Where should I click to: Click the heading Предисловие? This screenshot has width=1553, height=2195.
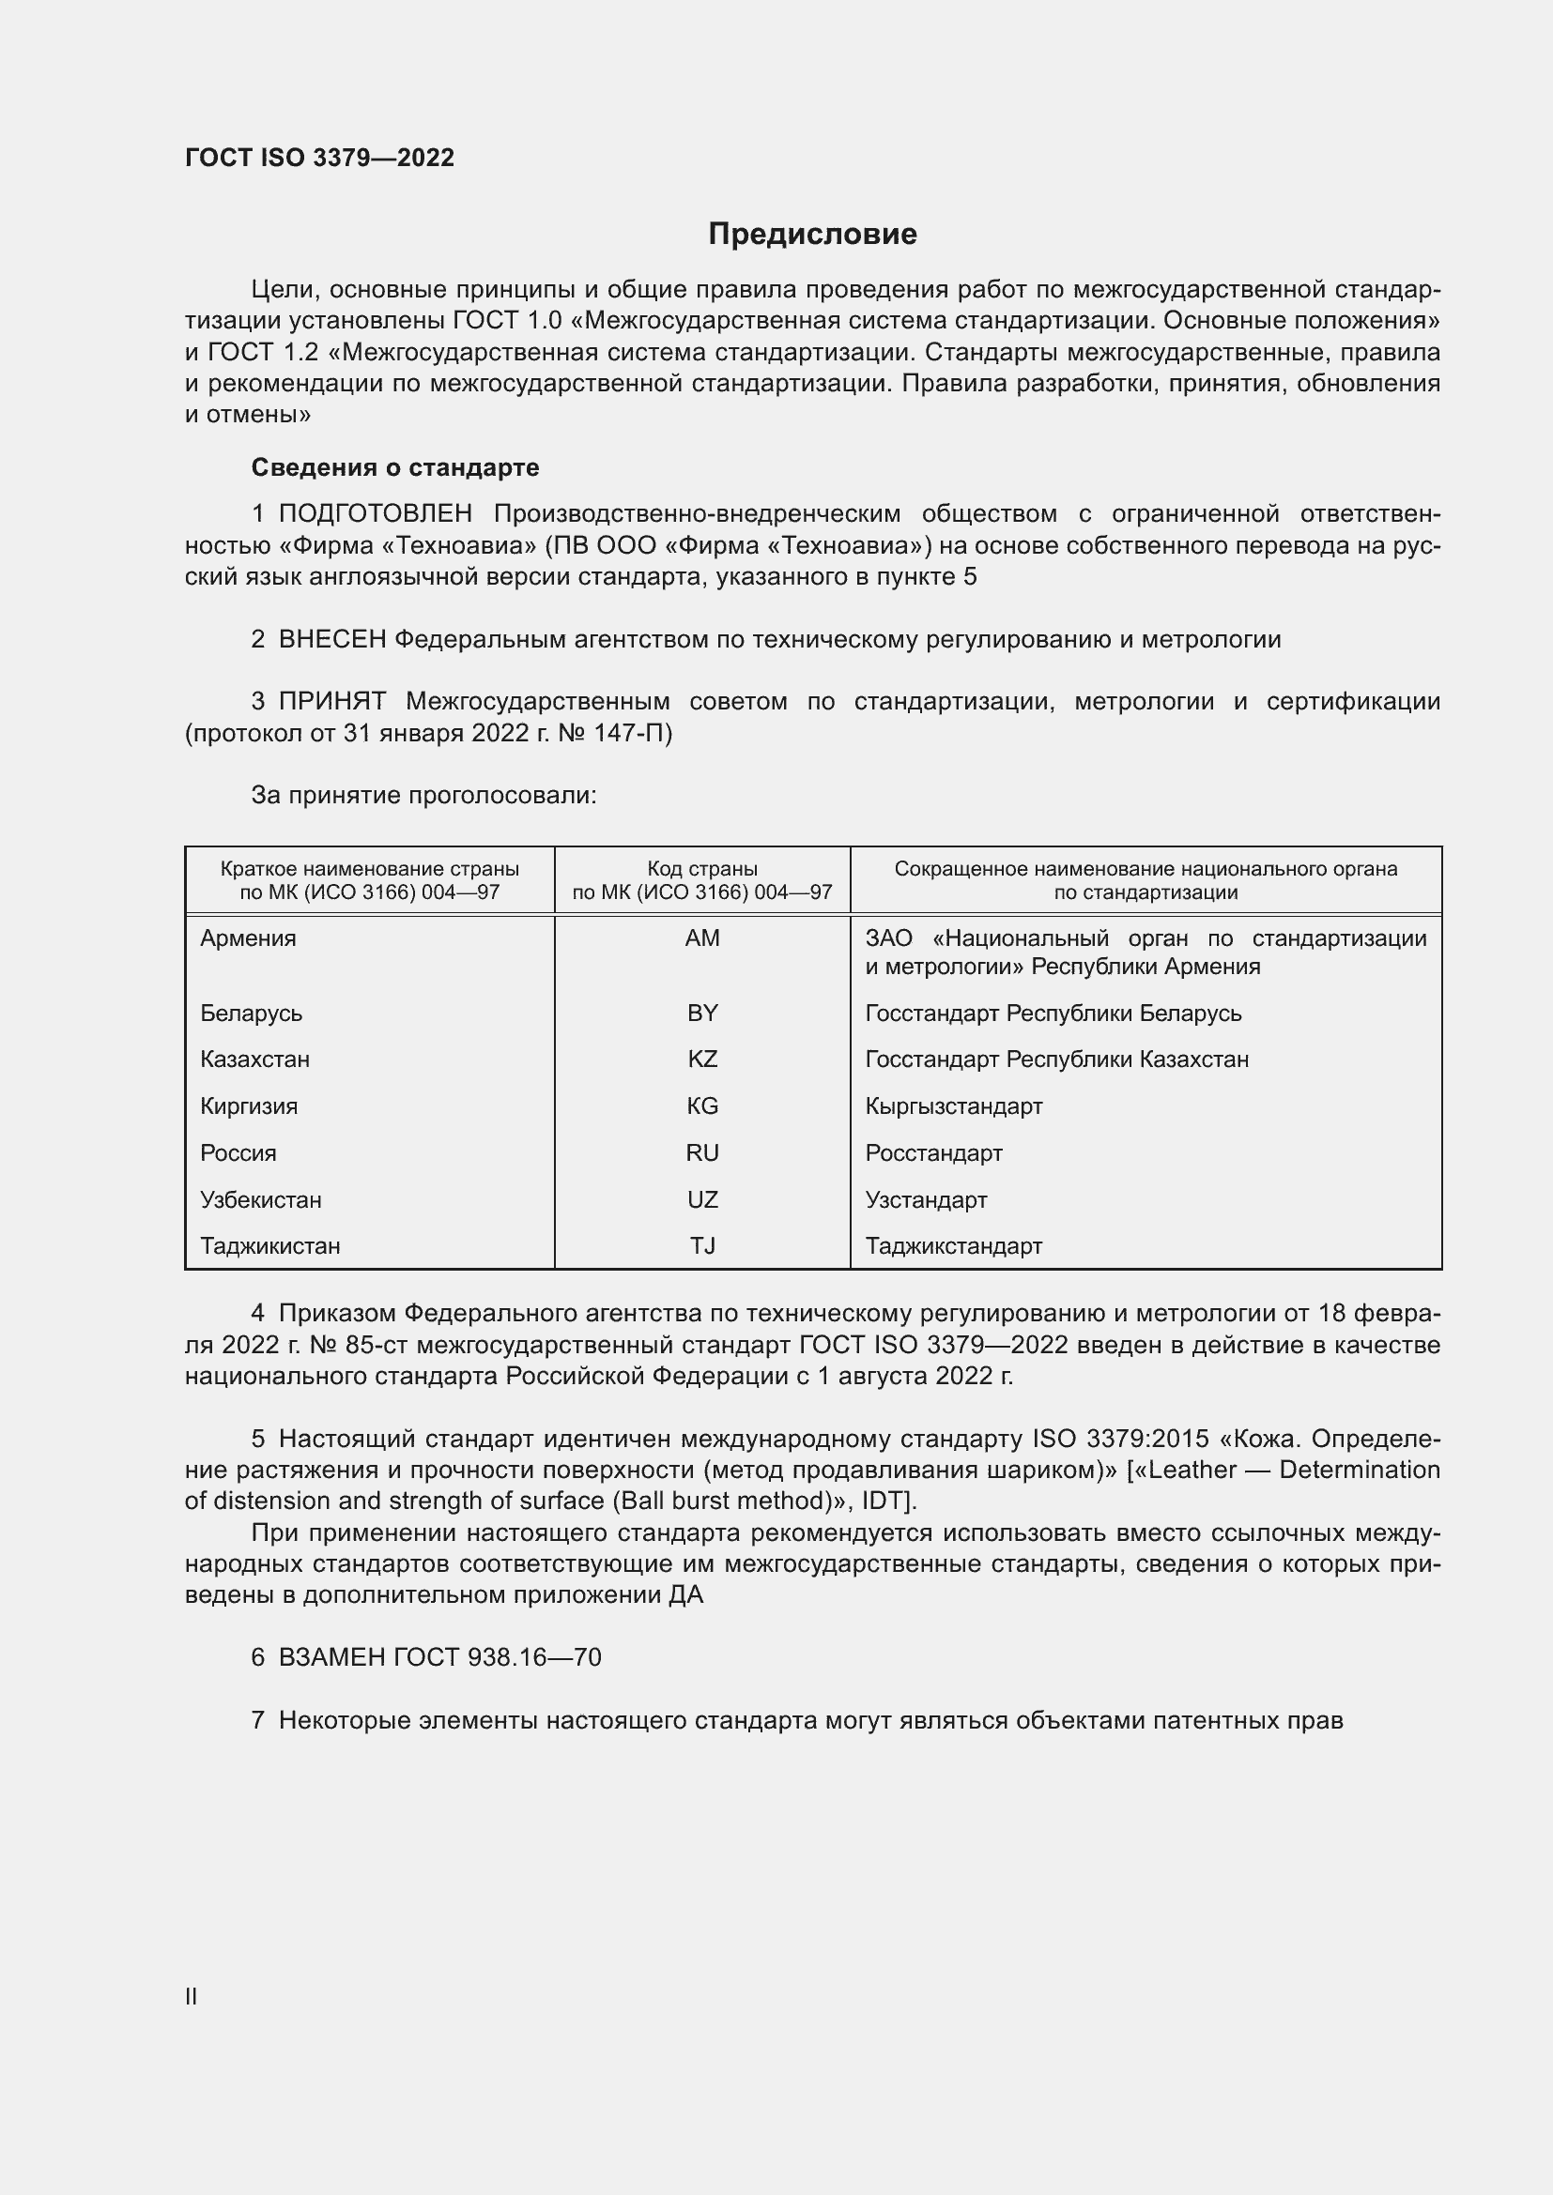click(x=812, y=235)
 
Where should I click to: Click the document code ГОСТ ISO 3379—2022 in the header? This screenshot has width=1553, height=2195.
click(x=319, y=158)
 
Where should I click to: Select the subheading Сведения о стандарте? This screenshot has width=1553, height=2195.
click(x=395, y=467)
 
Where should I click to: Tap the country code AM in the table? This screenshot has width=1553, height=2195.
click(x=702, y=937)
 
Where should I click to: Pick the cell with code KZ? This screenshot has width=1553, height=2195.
click(x=702, y=1059)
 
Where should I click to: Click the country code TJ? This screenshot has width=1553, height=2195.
click(x=702, y=1245)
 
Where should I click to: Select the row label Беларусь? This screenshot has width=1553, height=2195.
click(x=251, y=1013)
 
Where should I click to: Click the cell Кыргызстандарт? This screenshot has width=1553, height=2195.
click(x=953, y=1106)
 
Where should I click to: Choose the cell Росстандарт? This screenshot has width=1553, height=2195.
click(x=933, y=1153)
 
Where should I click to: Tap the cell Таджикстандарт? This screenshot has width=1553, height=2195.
click(x=953, y=1245)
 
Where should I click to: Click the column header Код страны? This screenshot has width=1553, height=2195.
click(x=702, y=869)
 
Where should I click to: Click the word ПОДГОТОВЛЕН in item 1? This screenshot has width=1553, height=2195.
click(x=375, y=514)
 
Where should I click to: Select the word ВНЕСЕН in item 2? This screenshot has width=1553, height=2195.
click(x=331, y=640)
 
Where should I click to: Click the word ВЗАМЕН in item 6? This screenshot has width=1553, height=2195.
click(x=331, y=1656)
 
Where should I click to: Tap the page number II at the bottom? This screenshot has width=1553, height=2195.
click(x=192, y=1996)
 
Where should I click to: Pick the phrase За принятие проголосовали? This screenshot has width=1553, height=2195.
click(x=423, y=796)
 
